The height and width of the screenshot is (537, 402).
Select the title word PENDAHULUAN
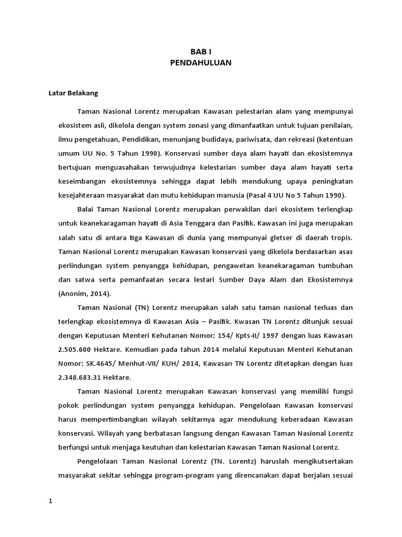point(200,62)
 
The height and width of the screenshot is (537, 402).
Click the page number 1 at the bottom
point(51,501)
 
